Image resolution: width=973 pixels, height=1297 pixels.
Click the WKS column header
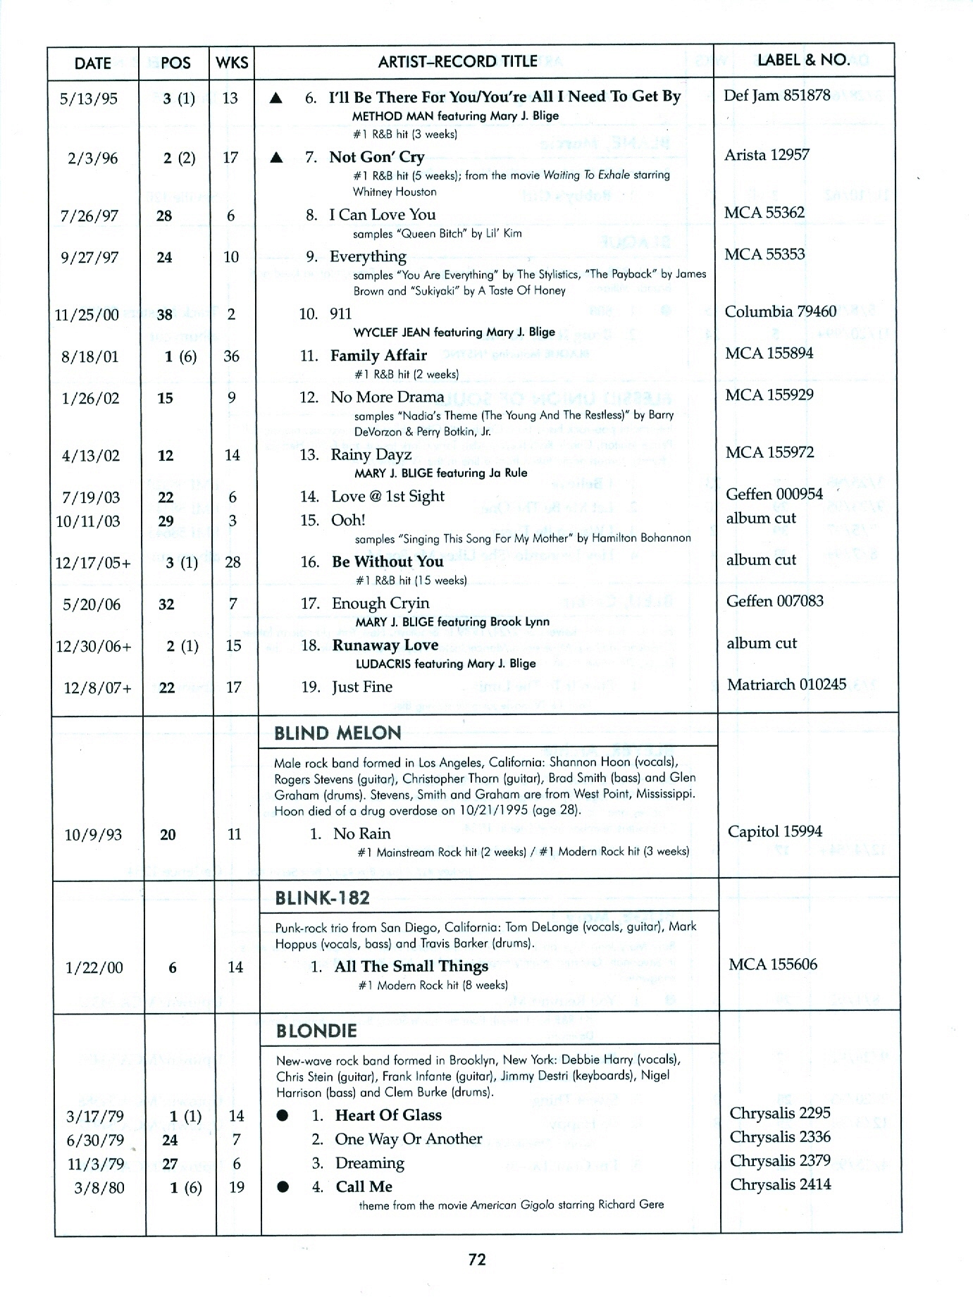(232, 63)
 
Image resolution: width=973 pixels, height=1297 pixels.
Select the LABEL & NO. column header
(803, 60)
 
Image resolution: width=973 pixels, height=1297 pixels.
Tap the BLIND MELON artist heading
(337, 733)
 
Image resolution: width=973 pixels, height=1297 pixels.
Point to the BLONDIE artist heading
(316, 1031)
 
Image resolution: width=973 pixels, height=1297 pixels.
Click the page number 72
(477, 1259)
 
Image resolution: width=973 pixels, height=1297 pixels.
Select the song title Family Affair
(378, 356)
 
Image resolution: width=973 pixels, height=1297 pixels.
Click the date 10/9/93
(93, 835)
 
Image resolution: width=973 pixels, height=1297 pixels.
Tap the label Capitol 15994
(774, 831)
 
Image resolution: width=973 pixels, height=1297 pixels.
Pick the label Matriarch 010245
(786, 684)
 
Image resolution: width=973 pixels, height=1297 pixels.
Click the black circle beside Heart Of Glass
(283, 1116)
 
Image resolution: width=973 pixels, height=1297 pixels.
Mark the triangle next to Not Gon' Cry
(277, 157)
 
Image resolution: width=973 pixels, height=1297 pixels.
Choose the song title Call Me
(364, 1186)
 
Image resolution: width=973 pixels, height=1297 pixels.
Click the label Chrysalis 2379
(780, 1160)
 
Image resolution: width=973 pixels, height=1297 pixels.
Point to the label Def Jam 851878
(776, 95)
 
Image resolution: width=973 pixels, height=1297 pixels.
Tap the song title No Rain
(361, 834)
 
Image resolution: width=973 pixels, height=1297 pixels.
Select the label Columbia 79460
(781, 311)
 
